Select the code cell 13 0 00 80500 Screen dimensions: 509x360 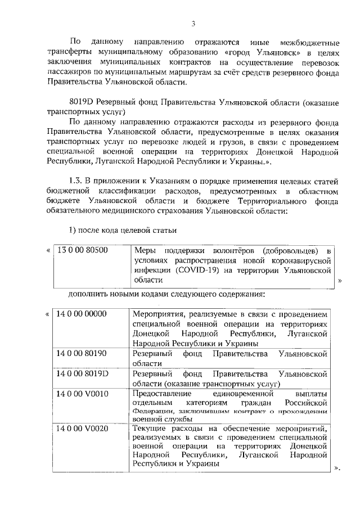coord(83,250)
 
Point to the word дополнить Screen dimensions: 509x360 coord(88,294)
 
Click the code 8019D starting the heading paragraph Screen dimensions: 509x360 coord(81,103)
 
